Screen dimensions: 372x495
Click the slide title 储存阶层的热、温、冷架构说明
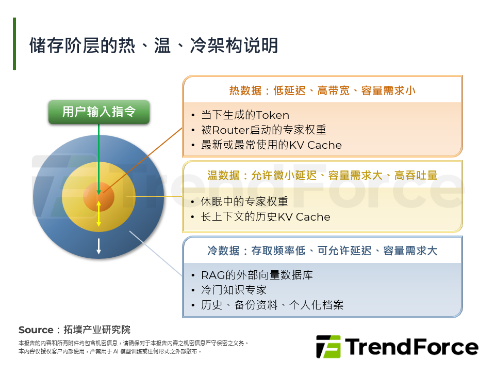click(x=154, y=45)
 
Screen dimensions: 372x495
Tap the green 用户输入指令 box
click(x=99, y=112)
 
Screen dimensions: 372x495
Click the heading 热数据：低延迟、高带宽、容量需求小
click(x=322, y=91)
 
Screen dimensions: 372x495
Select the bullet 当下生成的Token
click(x=245, y=115)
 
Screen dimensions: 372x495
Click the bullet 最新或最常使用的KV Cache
click(x=271, y=145)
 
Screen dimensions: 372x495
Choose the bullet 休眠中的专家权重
click(x=244, y=202)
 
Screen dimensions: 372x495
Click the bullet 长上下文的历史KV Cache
click(x=266, y=217)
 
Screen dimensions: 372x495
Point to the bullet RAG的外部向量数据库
click(x=257, y=275)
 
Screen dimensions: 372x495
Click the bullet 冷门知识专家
click(x=234, y=290)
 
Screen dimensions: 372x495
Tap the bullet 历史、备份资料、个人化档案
click(x=272, y=305)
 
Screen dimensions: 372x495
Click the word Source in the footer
click(x=36, y=330)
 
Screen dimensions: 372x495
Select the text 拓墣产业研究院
click(x=97, y=330)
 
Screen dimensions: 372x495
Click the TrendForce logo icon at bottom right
click(x=328, y=347)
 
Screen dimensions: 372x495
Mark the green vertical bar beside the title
click(x=14, y=44)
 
